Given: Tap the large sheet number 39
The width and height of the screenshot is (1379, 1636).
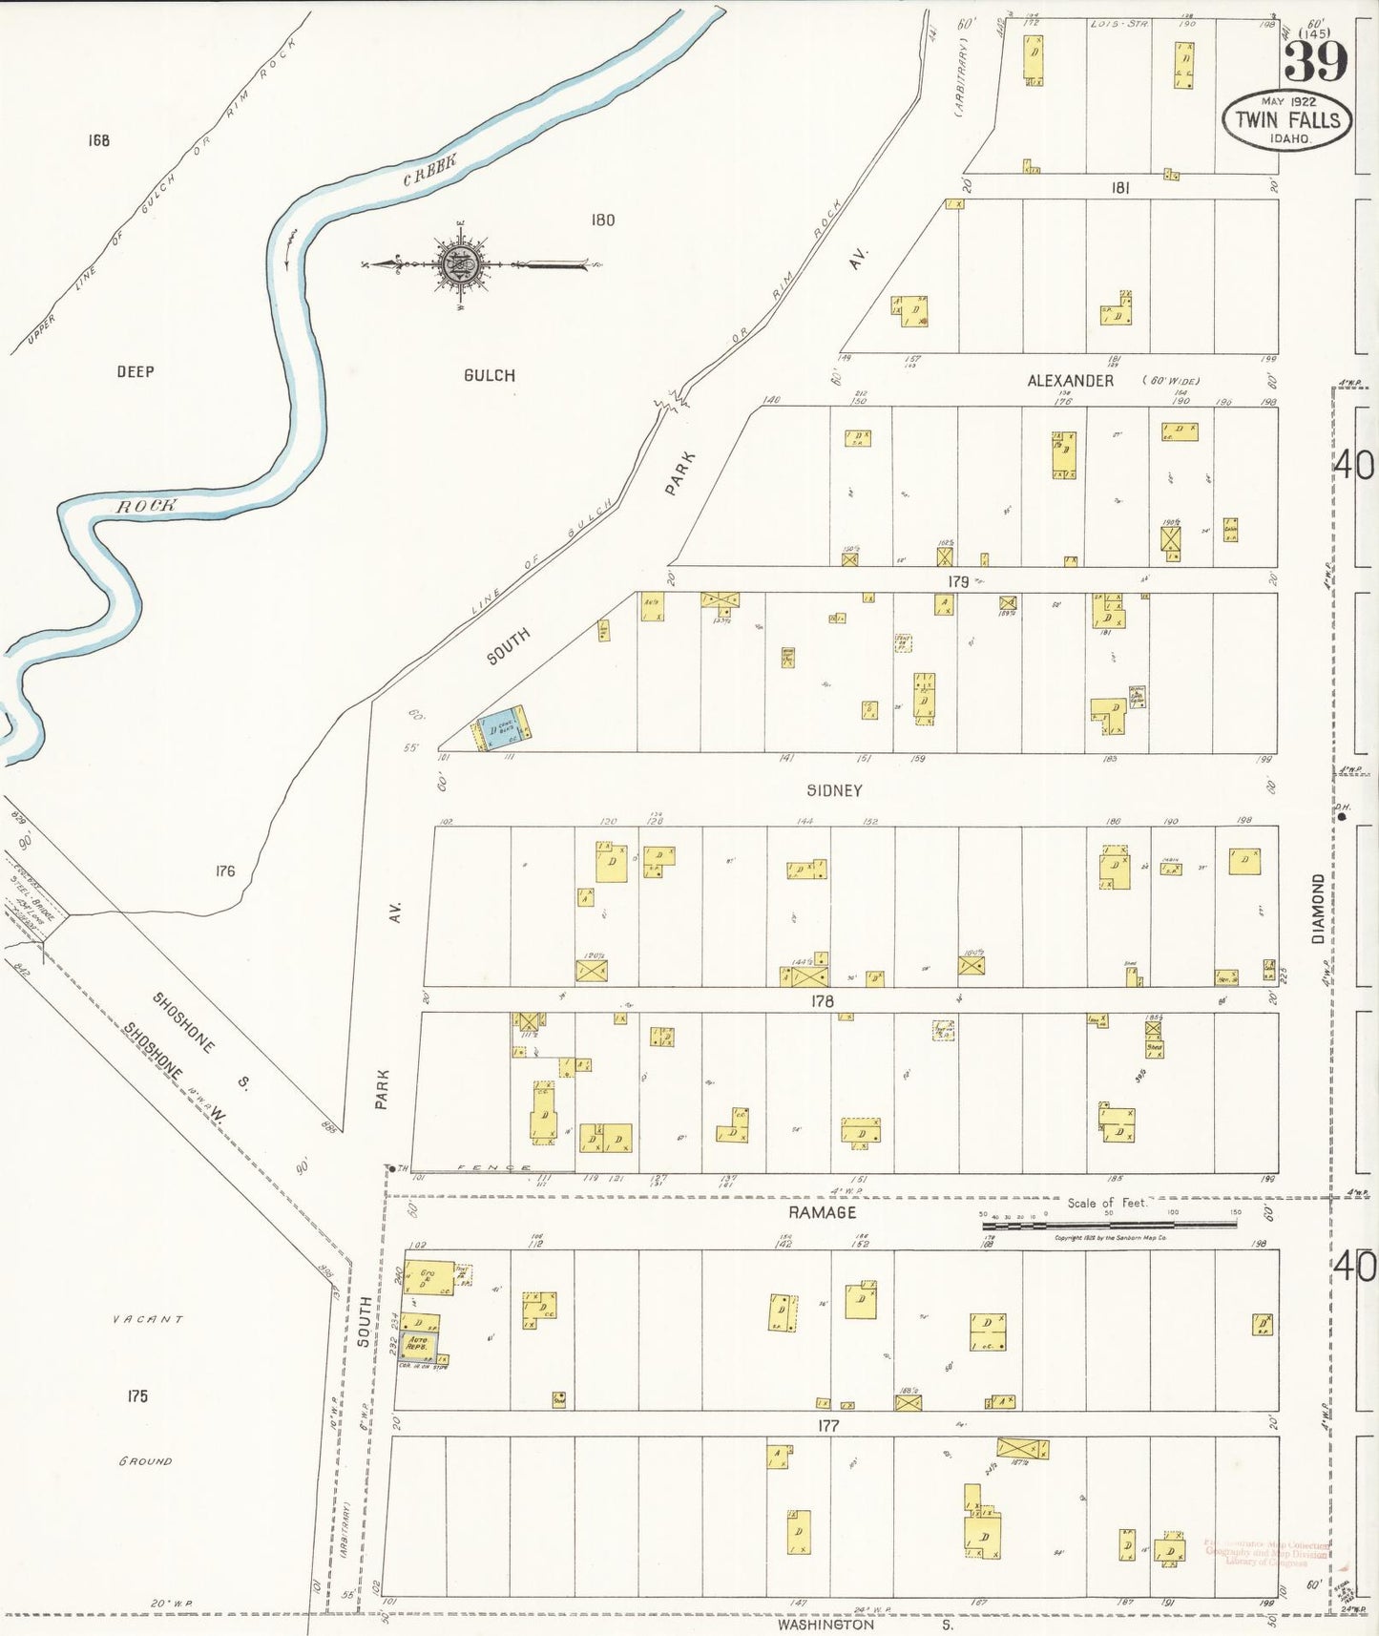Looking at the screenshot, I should coord(1315,62).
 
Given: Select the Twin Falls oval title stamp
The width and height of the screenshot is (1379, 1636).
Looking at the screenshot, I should coord(1287,120).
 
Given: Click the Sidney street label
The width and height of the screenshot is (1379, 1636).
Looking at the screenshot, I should coord(834,790).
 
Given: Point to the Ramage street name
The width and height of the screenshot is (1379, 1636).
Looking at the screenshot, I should coord(822,1212).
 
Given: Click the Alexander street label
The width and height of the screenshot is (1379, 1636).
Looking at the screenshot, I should coord(1070,381).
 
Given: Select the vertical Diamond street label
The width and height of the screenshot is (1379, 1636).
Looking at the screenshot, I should coord(1319,909).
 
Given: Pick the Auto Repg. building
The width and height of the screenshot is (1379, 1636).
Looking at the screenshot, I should coord(418,1345).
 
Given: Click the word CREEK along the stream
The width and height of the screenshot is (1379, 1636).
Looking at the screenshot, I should coord(428,170).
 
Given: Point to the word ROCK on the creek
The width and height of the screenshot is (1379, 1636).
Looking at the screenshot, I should coord(146,506).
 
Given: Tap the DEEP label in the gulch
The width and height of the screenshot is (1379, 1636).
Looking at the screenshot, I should coord(135,371).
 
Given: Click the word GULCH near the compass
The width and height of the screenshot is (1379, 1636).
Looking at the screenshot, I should coord(490,375).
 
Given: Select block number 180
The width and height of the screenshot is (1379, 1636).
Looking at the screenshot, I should coord(602,220).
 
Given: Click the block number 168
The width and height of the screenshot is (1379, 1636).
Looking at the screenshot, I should coord(98,140).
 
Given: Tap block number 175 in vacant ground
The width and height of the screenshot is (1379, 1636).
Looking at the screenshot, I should coord(137,1395).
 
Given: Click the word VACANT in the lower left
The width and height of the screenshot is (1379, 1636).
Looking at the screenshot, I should coord(147,1319).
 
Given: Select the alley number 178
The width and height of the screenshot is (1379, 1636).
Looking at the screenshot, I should coord(822,1001).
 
